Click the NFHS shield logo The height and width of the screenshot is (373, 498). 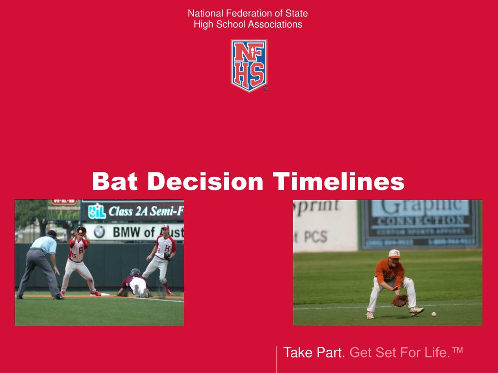pyautogui.click(x=249, y=65)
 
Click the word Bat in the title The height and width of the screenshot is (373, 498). pyautogui.click(x=116, y=182)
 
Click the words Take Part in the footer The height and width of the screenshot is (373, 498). pyautogui.click(x=314, y=353)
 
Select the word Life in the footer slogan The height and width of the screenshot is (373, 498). pyautogui.click(x=438, y=353)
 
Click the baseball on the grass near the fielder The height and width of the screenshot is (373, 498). pyautogui.click(x=433, y=314)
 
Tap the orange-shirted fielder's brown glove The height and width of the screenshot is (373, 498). pyautogui.click(x=400, y=301)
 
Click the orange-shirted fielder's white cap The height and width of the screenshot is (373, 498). pyautogui.click(x=394, y=254)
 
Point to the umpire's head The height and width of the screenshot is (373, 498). pyautogui.click(x=52, y=234)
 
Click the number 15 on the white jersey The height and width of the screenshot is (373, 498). pyautogui.click(x=74, y=255)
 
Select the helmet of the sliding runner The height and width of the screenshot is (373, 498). pyautogui.click(x=135, y=272)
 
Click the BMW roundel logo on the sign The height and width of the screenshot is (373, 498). pyautogui.click(x=100, y=232)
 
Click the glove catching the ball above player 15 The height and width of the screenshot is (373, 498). pyautogui.click(x=81, y=230)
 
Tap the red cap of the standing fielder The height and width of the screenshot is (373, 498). pyautogui.click(x=165, y=227)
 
